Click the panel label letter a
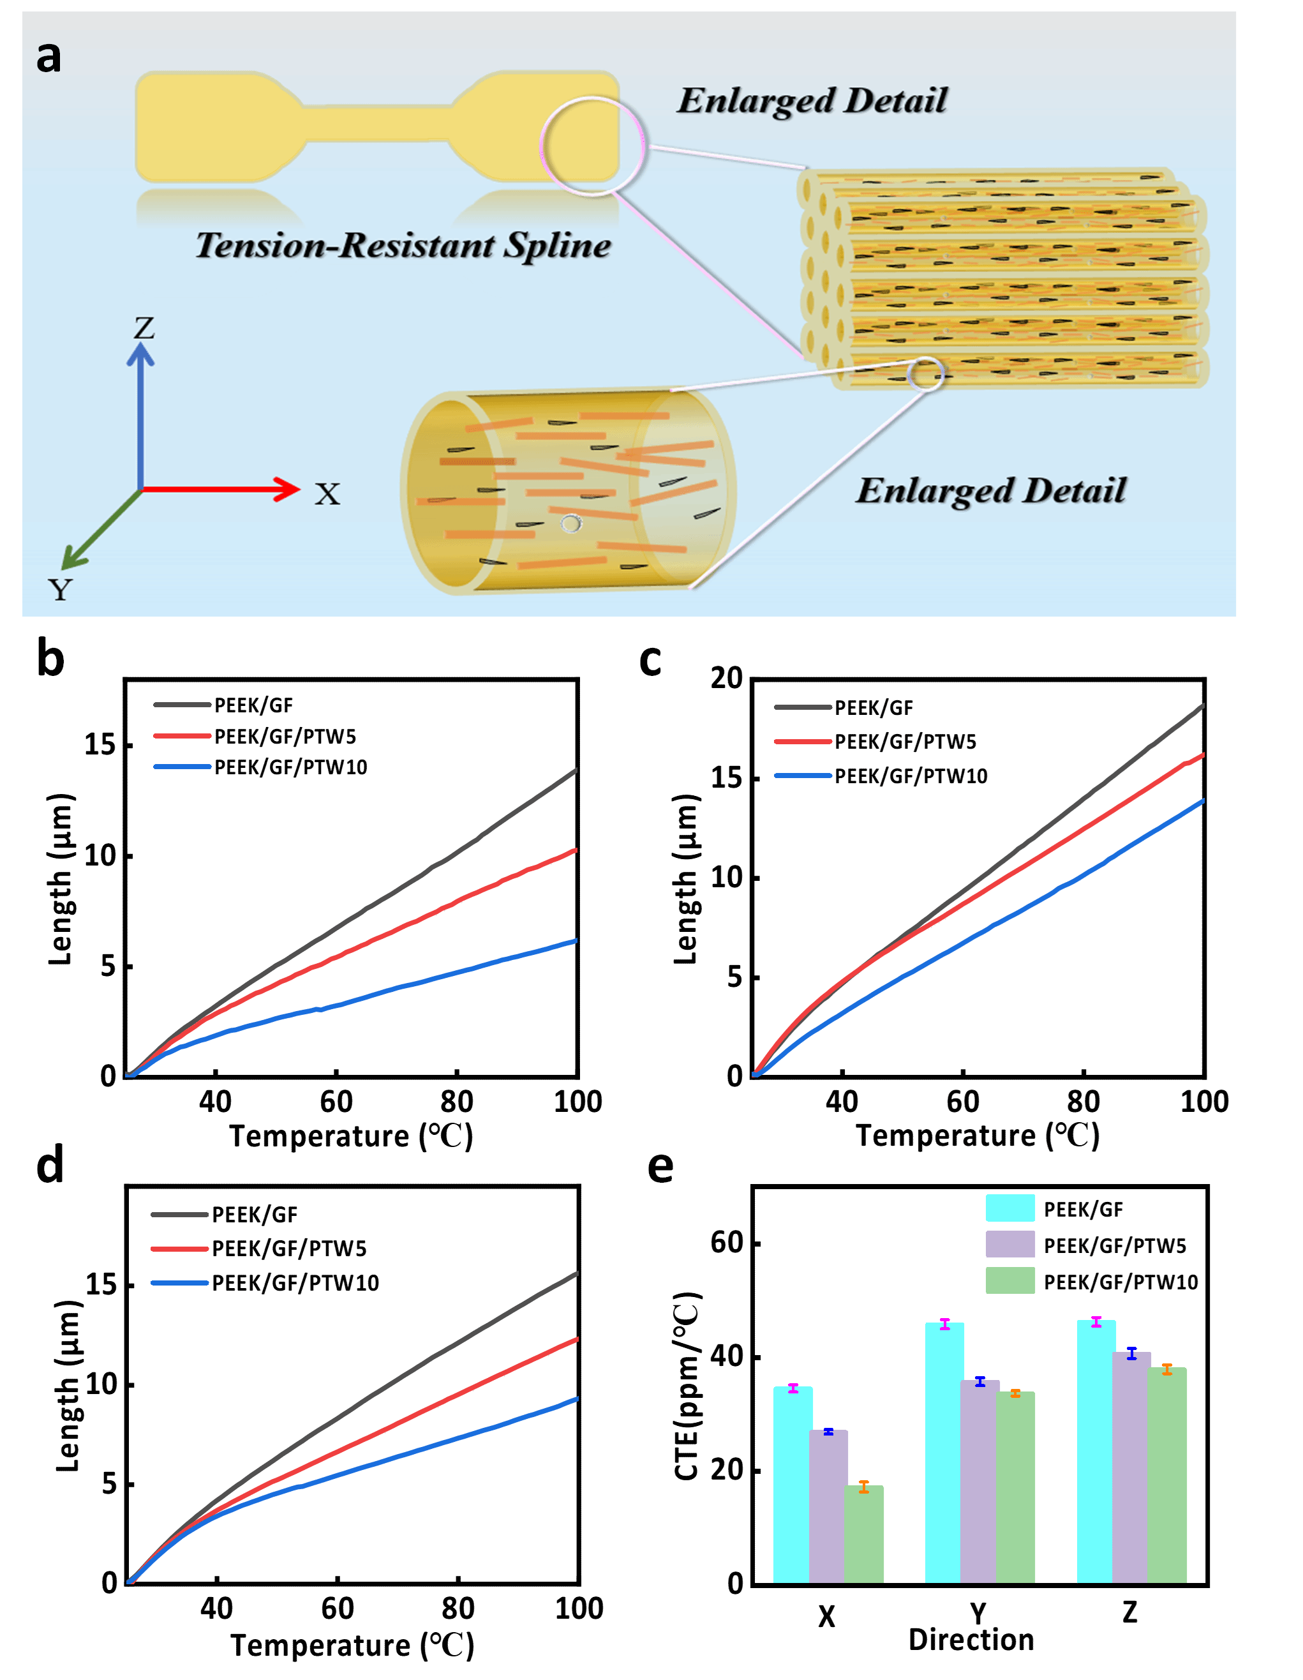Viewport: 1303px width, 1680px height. [x=48, y=57]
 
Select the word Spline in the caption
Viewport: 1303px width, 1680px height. [x=557, y=245]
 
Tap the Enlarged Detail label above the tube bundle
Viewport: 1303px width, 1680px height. [x=812, y=101]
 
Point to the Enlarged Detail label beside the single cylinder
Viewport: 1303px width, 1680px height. [x=991, y=491]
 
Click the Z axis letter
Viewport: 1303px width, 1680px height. [x=144, y=329]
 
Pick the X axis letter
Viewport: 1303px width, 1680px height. [x=327, y=494]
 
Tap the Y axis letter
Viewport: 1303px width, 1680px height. [x=60, y=590]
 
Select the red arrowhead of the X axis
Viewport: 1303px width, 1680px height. [x=288, y=489]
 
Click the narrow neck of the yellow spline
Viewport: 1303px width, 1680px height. [x=377, y=124]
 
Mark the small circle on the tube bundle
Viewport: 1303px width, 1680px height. [x=925, y=374]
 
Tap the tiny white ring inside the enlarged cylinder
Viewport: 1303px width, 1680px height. [x=570, y=524]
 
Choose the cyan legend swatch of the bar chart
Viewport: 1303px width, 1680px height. [x=1010, y=1208]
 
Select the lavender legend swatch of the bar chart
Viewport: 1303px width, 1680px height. [x=1010, y=1244]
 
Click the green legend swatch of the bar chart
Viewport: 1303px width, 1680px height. [x=1010, y=1280]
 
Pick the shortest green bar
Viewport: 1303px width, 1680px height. [x=864, y=1534]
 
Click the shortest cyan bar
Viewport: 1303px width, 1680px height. [x=793, y=1485]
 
